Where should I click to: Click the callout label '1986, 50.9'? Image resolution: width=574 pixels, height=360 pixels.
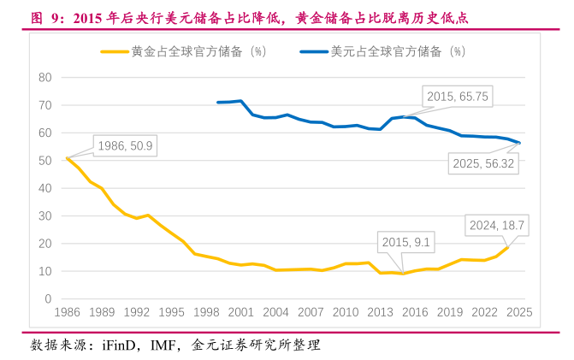[x=126, y=146]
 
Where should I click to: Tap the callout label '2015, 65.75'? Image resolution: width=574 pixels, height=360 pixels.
[x=458, y=97]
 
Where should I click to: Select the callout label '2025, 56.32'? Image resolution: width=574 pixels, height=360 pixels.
[x=483, y=163]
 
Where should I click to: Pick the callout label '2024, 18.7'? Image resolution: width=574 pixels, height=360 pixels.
[x=494, y=226]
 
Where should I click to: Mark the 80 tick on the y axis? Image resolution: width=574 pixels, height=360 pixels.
[x=46, y=78]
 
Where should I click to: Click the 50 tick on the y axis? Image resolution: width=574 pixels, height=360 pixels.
[x=46, y=161]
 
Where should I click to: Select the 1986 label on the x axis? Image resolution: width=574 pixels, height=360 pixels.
[x=68, y=312]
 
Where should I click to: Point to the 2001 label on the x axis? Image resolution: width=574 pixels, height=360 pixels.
[x=241, y=312]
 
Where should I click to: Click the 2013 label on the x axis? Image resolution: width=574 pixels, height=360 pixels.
[x=380, y=312]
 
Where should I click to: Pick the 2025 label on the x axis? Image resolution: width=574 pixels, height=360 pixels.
[x=518, y=312]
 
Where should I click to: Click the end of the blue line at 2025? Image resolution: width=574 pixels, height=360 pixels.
[x=519, y=143]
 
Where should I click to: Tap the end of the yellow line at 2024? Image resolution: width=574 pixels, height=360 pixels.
[x=508, y=247]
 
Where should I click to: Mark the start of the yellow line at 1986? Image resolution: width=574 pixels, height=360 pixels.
[x=68, y=158]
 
